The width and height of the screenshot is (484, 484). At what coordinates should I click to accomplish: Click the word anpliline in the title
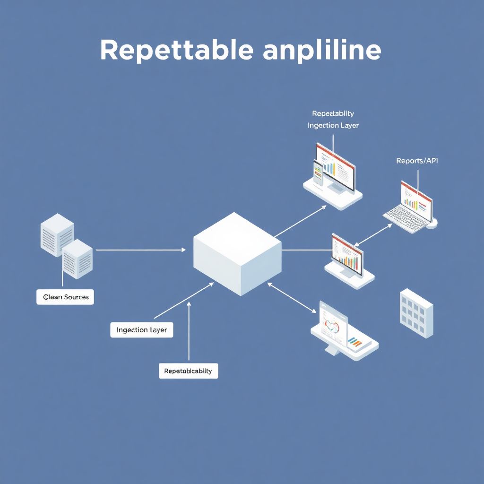pyautogui.click(x=322, y=51)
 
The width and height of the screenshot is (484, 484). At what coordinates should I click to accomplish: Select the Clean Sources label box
pyautogui.click(x=65, y=297)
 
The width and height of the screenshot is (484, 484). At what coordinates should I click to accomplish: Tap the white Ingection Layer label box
pyautogui.click(x=142, y=329)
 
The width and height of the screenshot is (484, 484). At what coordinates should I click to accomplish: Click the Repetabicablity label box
pyautogui.click(x=188, y=371)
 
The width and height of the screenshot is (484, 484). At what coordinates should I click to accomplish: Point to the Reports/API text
pyautogui.click(x=417, y=161)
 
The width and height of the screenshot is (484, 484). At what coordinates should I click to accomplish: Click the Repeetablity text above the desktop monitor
pyautogui.click(x=333, y=113)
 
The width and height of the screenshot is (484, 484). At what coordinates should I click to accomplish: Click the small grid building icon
pyautogui.click(x=416, y=313)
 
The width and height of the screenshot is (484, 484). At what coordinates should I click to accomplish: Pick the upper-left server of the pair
pyautogui.click(x=57, y=234)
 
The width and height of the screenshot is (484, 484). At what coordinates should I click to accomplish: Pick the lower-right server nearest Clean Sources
pyautogui.click(x=77, y=259)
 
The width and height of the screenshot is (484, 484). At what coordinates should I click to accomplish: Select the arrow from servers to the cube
pyautogui.click(x=141, y=250)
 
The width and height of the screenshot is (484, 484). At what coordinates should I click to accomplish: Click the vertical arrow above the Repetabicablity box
pyautogui.click(x=189, y=331)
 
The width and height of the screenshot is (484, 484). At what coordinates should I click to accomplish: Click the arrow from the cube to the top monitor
pyautogui.click(x=301, y=221)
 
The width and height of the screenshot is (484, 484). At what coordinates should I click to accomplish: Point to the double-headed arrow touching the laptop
pyautogui.click(x=373, y=235)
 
